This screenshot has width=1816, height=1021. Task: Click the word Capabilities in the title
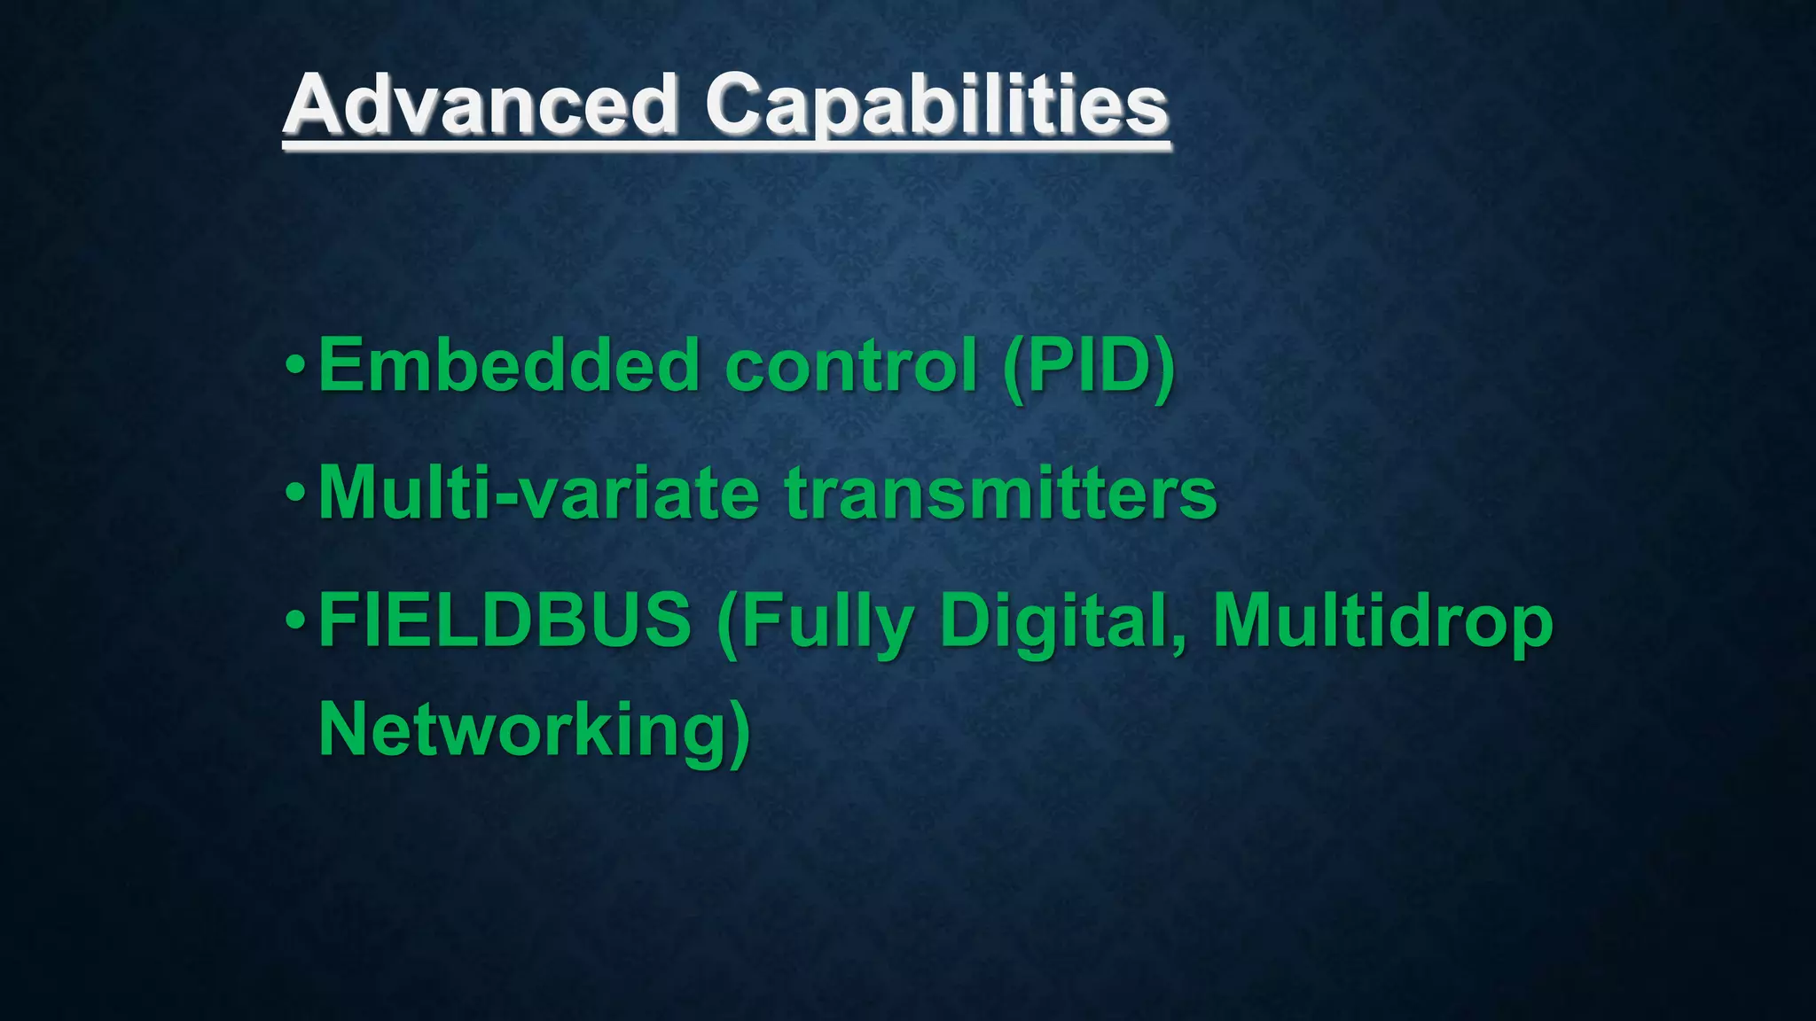[x=936, y=106]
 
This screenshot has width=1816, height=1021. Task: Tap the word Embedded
[x=509, y=364]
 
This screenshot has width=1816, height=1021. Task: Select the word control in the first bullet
[x=851, y=364]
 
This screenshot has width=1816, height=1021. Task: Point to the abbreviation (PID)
[x=1089, y=366]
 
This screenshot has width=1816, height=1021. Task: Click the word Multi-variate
[x=538, y=493]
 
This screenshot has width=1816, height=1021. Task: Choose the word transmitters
[x=1001, y=493]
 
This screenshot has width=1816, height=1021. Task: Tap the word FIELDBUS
[x=505, y=620]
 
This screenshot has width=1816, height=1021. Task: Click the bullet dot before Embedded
[x=296, y=364]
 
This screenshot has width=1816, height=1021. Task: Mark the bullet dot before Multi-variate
[x=296, y=492]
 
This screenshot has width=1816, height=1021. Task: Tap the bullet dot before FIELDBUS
[x=296, y=620]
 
